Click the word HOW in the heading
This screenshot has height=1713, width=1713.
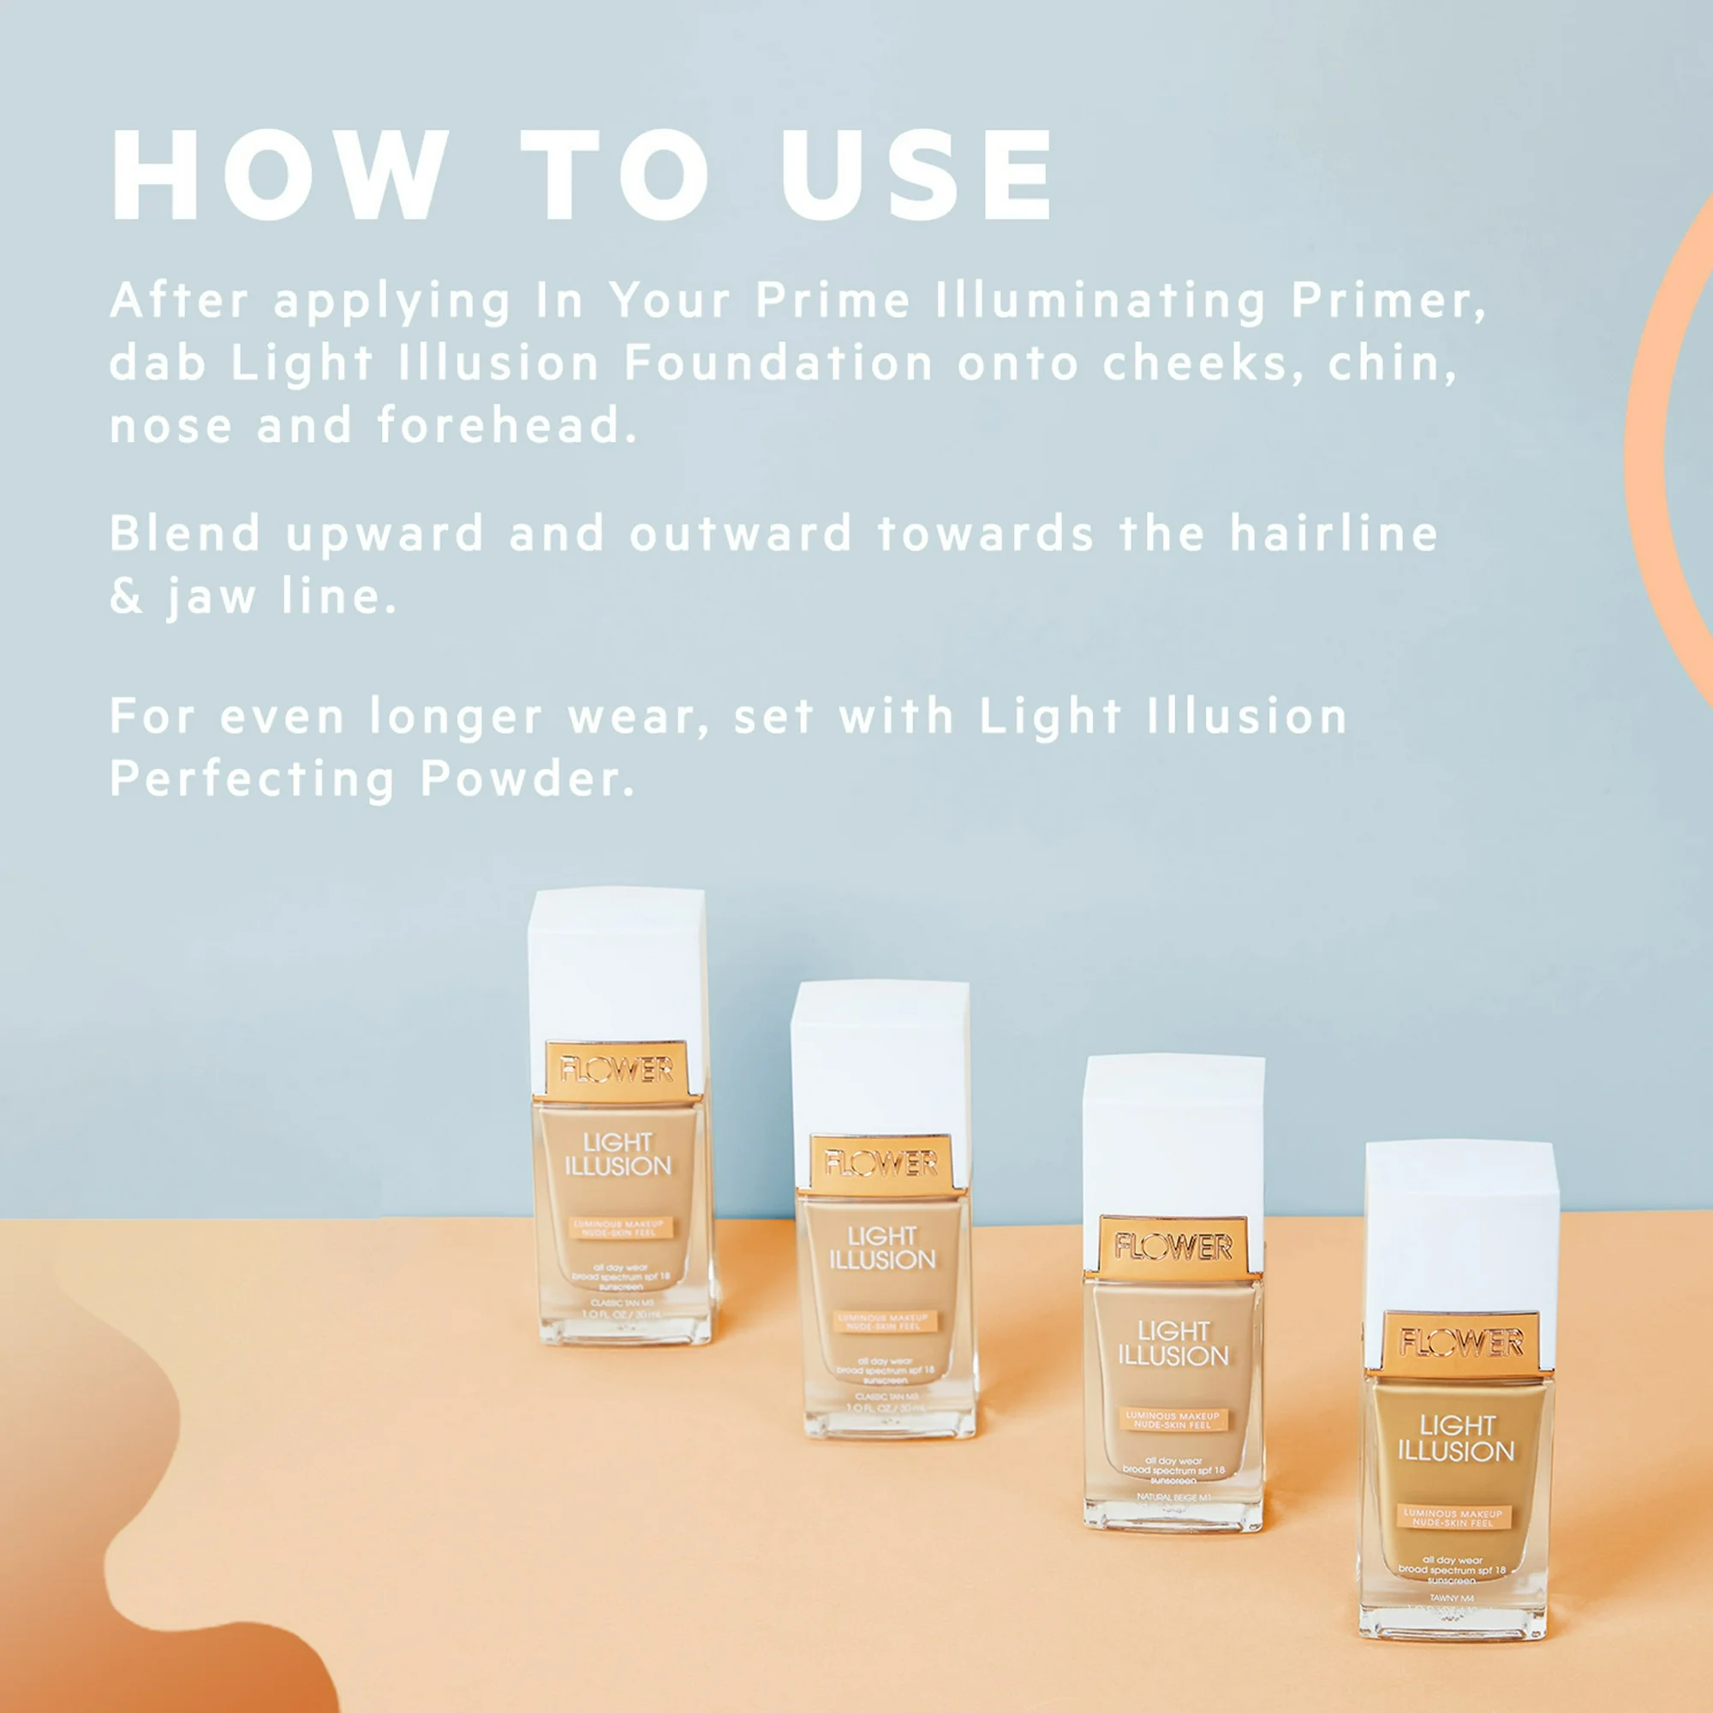click(x=279, y=175)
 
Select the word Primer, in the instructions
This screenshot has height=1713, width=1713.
click(x=1388, y=301)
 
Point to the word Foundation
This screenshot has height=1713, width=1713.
click(x=779, y=363)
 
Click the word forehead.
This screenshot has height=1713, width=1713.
click(x=507, y=426)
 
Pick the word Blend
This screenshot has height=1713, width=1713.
click(x=185, y=534)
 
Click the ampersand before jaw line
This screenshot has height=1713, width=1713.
click(x=126, y=597)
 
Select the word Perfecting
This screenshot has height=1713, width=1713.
click(x=253, y=779)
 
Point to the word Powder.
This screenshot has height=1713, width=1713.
click(x=528, y=779)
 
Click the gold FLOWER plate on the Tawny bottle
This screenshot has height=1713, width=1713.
click(x=1461, y=1343)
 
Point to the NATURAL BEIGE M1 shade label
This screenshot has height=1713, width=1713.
click(x=1173, y=1497)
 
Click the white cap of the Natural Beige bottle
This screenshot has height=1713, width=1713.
click(x=1173, y=1135)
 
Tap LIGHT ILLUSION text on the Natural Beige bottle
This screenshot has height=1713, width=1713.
click(x=1173, y=1343)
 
